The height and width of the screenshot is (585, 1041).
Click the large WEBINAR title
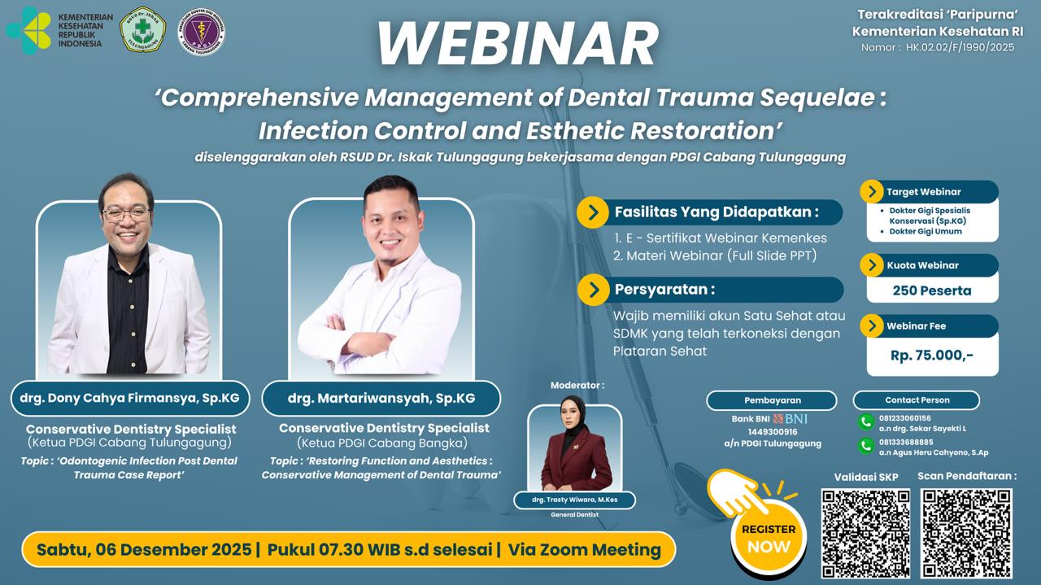tap(517, 44)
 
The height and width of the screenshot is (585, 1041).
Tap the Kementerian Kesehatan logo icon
tap(28, 31)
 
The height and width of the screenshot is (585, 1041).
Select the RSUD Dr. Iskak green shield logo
tap(143, 30)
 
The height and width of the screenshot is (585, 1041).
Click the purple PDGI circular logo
tap(201, 31)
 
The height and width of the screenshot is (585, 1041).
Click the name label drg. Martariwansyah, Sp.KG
tap(381, 398)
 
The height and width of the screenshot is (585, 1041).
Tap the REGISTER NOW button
tap(769, 537)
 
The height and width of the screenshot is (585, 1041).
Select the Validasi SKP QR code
tap(865, 533)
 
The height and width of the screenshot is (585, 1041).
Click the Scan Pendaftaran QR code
tap(966, 533)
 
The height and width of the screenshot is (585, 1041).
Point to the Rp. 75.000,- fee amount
tap(932, 355)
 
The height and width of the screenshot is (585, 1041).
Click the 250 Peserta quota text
tap(932, 290)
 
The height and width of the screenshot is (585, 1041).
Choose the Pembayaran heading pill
tap(772, 400)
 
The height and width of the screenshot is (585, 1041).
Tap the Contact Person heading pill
tap(917, 400)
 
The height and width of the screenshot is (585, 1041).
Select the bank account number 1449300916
tap(773, 432)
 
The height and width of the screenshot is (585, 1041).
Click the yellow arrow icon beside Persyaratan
tap(593, 290)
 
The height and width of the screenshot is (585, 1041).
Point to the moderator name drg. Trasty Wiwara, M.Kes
tap(574, 500)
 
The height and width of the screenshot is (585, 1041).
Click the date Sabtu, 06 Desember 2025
tap(144, 549)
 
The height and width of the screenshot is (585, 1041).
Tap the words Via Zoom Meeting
tap(584, 549)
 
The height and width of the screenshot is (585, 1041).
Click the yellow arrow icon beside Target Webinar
tap(872, 192)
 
